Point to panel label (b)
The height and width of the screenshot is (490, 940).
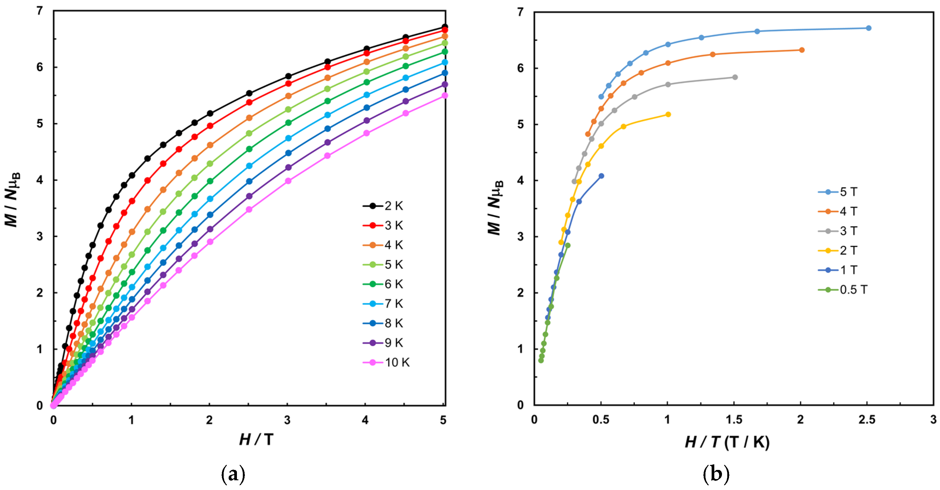pyautogui.click(x=716, y=474)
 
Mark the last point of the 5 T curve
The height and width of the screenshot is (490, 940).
pyautogui.click(x=869, y=28)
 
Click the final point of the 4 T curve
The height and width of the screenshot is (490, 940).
pyautogui.click(x=802, y=50)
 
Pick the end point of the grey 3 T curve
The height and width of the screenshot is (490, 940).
pyautogui.click(x=735, y=77)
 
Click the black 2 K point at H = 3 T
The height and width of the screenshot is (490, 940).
pyautogui.click(x=288, y=76)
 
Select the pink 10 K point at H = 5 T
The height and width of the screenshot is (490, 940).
pyautogui.click(x=444, y=96)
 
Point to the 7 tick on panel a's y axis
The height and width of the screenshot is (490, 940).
pyautogui.click(x=40, y=11)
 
